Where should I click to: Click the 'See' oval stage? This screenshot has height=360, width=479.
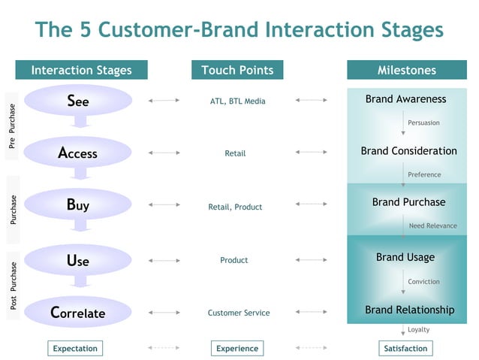click(x=78, y=100)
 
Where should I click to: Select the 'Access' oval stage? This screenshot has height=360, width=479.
click(x=78, y=153)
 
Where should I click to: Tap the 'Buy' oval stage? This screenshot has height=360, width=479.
click(x=78, y=204)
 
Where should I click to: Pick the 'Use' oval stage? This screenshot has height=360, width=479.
click(x=78, y=260)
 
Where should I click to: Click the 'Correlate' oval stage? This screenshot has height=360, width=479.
click(x=78, y=313)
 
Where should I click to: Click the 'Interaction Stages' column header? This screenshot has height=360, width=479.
click(x=81, y=71)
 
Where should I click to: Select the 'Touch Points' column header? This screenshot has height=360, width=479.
click(x=237, y=71)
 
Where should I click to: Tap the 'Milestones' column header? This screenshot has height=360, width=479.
click(x=406, y=71)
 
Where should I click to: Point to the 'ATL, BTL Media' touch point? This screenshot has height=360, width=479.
click(x=237, y=101)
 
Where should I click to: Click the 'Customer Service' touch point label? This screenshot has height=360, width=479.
click(x=239, y=313)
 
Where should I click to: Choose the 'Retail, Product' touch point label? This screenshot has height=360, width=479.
click(x=235, y=207)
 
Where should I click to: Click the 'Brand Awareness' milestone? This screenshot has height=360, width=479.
click(x=405, y=99)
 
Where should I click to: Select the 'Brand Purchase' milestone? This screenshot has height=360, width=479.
click(x=408, y=202)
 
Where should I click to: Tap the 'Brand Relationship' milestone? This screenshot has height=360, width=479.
click(x=409, y=310)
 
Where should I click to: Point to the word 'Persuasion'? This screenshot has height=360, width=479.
click(x=423, y=123)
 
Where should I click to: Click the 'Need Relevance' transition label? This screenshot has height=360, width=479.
click(x=432, y=225)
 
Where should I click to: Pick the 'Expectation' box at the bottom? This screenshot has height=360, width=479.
click(x=75, y=348)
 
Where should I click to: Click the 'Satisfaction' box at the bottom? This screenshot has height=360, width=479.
click(x=405, y=348)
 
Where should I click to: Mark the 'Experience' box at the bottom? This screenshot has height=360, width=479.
click(x=237, y=348)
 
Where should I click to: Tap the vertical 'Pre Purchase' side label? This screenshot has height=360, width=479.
click(x=13, y=126)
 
